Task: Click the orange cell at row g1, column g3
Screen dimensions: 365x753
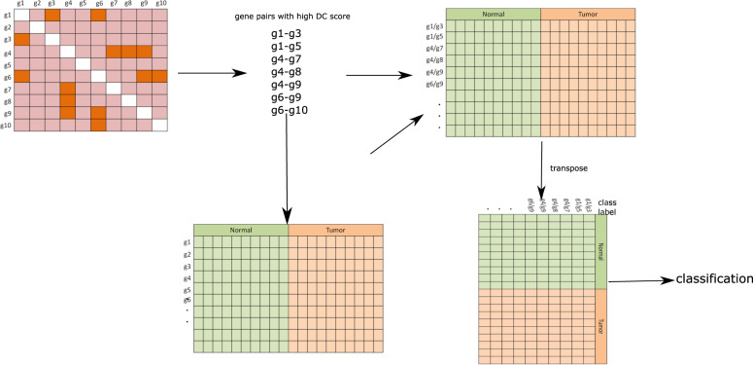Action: pyautogui.click(x=51, y=15)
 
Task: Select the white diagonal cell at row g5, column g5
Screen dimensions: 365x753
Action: pyautogui.click(x=83, y=64)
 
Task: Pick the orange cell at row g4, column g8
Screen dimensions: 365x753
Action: pyautogui.click(x=129, y=52)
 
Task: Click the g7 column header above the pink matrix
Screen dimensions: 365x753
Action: pyautogui.click(x=114, y=4)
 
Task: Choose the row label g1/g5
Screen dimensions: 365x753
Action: pyautogui.click(x=435, y=37)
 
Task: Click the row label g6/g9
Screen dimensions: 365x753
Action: pyautogui.click(x=435, y=84)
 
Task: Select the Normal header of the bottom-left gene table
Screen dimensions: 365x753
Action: pyautogui.click(x=241, y=230)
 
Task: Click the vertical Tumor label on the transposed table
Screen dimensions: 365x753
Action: pyautogui.click(x=599, y=326)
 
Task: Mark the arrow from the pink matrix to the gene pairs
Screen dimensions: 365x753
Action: pyautogui.click(x=208, y=73)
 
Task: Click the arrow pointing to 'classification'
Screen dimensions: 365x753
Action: pyautogui.click(x=641, y=282)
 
